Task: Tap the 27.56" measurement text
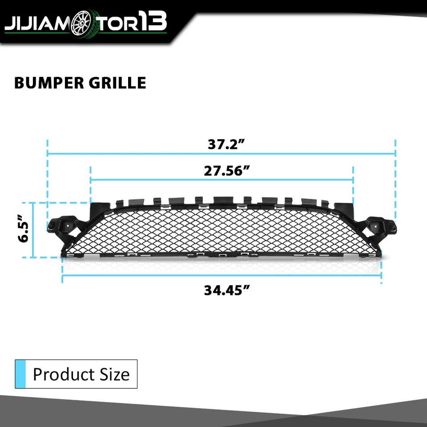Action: pyautogui.click(x=226, y=172)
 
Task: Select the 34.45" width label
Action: pyautogui.click(x=226, y=290)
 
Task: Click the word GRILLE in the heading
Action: pyautogui.click(x=122, y=83)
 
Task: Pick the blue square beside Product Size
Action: pyautogui.click(x=20, y=374)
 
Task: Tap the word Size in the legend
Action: pyautogui.click(x=114, y=374)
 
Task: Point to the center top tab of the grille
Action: pyautogui.click(x=220, y=200)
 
